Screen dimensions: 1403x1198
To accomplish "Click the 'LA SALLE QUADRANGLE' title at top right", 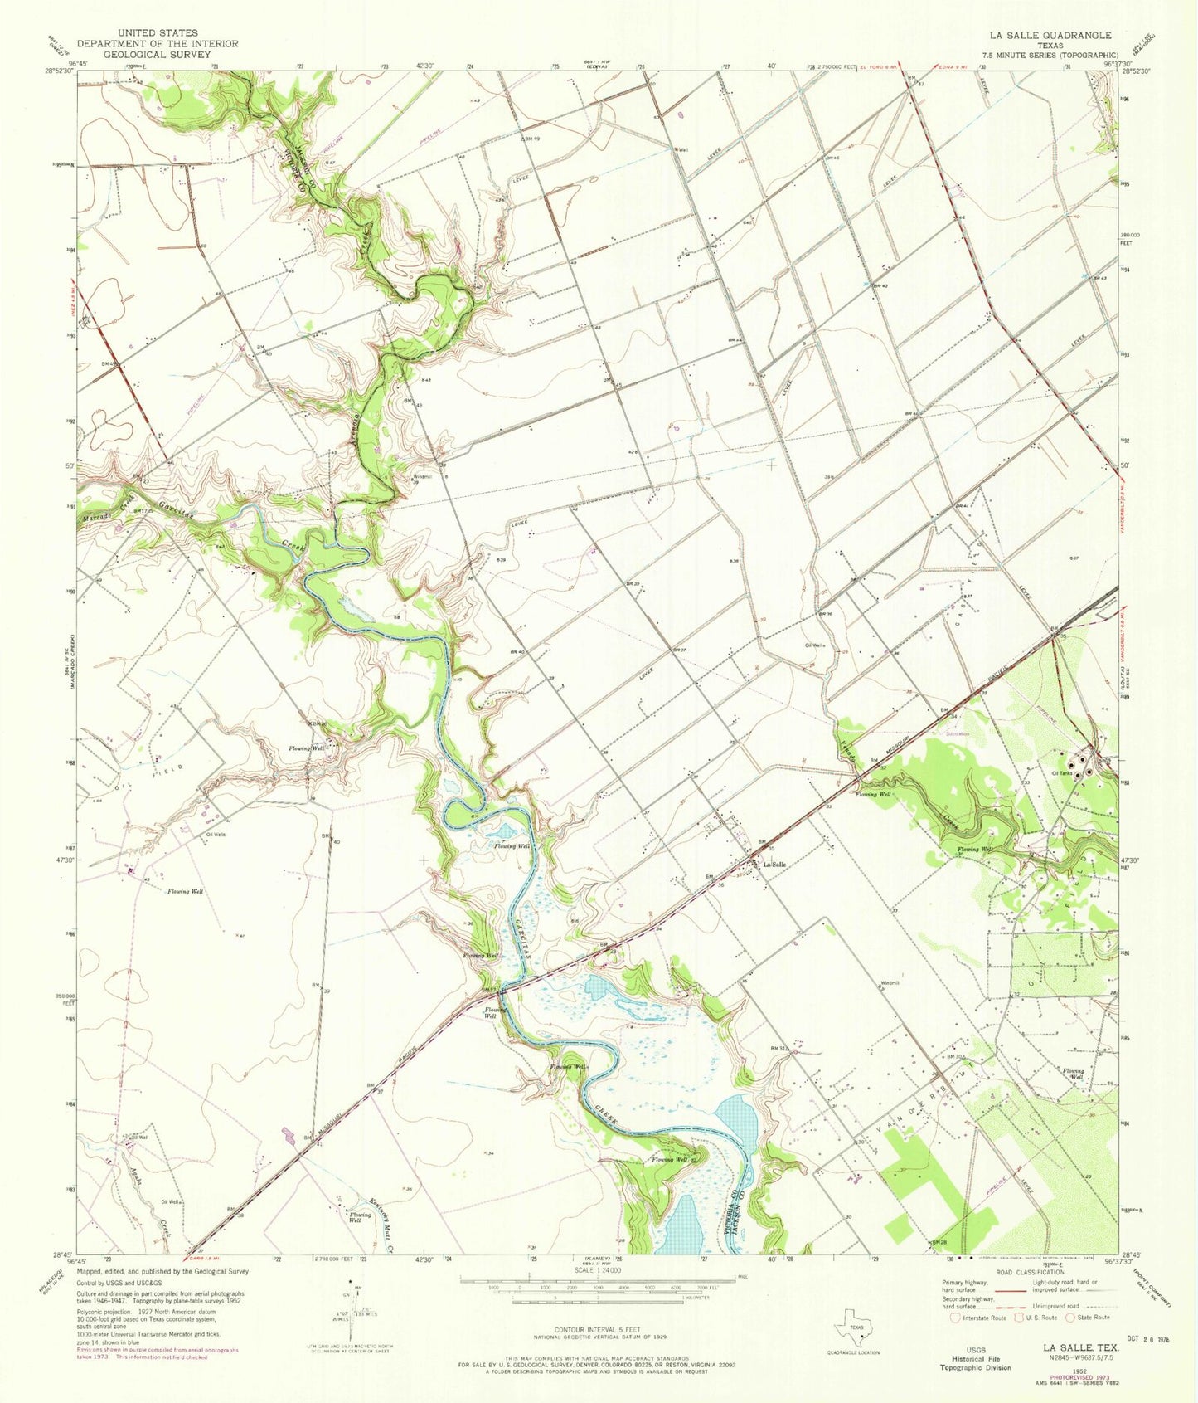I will point(1050,35).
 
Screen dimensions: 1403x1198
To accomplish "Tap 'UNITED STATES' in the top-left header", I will point(158,32).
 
